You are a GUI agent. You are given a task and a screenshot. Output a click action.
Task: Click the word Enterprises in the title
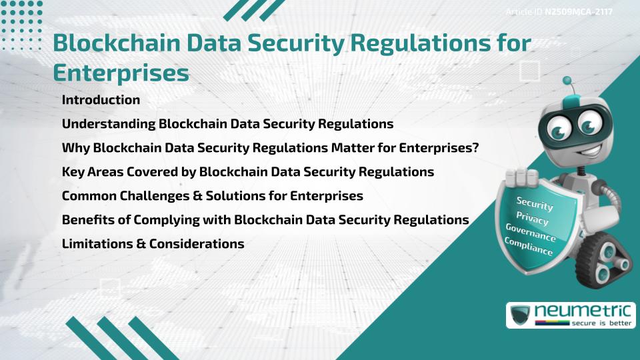[121, 73]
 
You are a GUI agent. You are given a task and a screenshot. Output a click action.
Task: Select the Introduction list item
[101, 99]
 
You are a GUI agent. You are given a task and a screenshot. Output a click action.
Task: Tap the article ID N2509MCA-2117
[579, 12]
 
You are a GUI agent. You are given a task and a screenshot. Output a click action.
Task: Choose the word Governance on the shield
[531, 233]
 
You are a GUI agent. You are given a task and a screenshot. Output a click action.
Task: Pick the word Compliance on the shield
[529, 247]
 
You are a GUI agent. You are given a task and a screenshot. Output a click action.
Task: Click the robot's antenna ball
[567, 81]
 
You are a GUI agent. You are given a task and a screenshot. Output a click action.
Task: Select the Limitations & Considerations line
[153, 244]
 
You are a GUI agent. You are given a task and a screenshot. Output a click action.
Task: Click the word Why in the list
[75, 148]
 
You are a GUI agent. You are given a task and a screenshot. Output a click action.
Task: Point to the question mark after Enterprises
[475, 147]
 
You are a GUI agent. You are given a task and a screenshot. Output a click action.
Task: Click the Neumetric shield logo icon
[520, 315]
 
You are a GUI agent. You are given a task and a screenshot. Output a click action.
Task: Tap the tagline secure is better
[601, 323]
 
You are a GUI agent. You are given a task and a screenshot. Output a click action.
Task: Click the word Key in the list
[72, 172]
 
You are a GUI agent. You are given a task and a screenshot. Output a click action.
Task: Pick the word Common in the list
[89, 196]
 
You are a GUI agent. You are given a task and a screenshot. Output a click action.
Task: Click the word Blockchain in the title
[117, 43]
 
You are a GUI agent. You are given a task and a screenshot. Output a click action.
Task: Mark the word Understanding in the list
[109, 124]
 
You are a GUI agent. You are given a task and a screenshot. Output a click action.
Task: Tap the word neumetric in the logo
[583, 311]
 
